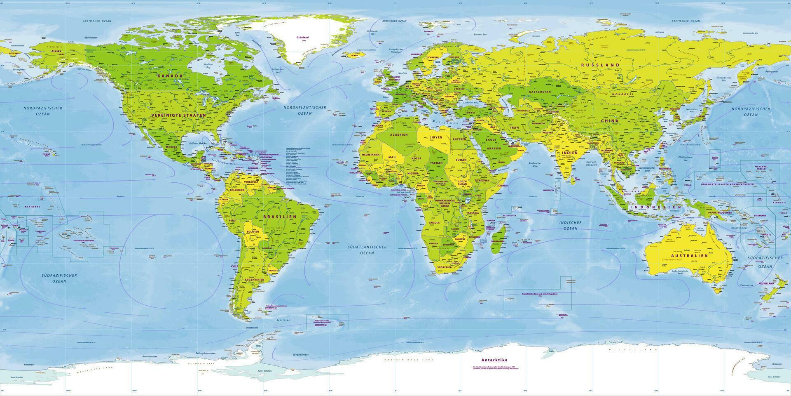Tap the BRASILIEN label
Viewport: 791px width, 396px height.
point(283,216)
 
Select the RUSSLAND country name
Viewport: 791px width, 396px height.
point(600,65)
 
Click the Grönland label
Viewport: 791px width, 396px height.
point(302,38)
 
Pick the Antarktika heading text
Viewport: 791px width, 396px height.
point(496,360)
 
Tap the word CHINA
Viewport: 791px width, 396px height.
point(610,121)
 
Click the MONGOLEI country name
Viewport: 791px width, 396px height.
point(624,94)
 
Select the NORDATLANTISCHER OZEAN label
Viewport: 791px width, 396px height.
point(304,110)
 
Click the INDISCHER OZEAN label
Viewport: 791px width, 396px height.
point(570,225)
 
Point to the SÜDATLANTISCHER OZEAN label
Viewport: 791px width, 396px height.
point(366,250)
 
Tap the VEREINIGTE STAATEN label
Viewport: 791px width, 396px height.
point(178,115)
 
